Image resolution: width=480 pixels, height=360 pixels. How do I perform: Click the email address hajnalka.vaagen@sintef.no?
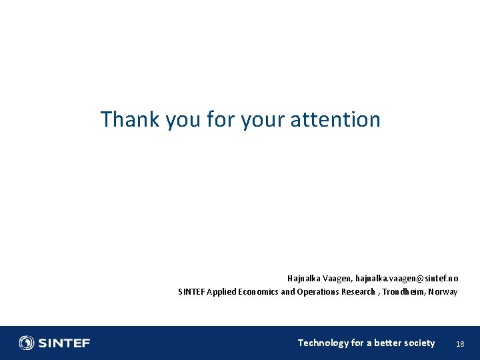[407, 278]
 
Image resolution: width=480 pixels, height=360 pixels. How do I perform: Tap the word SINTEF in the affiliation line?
[191, 292]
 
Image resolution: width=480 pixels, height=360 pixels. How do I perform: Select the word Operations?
[318, 292]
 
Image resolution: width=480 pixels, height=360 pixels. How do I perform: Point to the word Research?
[358, 292]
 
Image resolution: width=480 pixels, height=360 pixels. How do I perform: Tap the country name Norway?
[443, 292]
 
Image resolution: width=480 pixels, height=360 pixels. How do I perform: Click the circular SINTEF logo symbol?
[27, 343]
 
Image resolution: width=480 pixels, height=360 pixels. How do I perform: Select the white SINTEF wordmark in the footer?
[64, 343]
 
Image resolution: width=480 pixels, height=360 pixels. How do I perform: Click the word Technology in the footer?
[323, 343]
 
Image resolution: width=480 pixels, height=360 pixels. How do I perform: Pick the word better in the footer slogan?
[389, 343]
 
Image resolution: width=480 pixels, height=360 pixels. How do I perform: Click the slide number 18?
[459, 344]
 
